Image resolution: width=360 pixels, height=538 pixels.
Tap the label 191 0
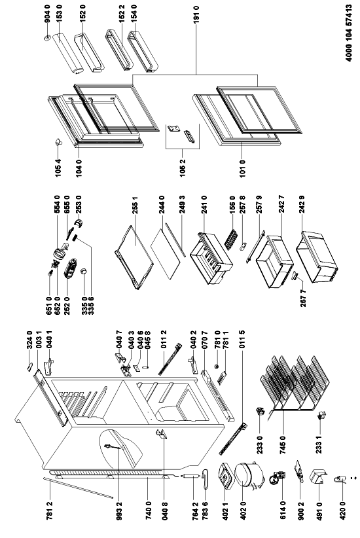tap(196, 14)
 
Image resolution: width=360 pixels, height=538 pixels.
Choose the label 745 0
tap(283, 446)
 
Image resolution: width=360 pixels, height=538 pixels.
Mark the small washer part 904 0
tap(47, 37)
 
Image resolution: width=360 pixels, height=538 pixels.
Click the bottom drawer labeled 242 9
tap(318, 257)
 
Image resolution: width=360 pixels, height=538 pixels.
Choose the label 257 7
tap(303, 298)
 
